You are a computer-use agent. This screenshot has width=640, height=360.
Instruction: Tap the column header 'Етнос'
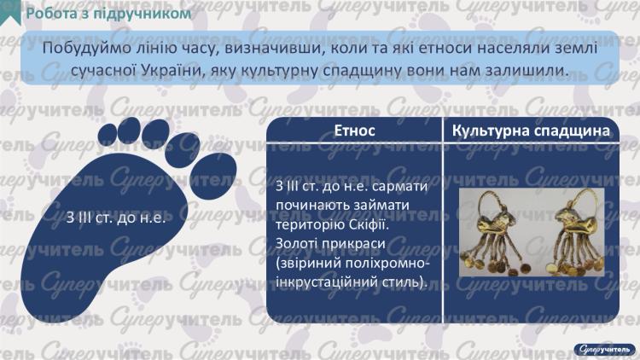(354, 132)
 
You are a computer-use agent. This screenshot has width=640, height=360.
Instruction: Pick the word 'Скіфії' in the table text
(369, 226)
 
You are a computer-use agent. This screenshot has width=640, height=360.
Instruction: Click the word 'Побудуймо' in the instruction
(81, 49)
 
